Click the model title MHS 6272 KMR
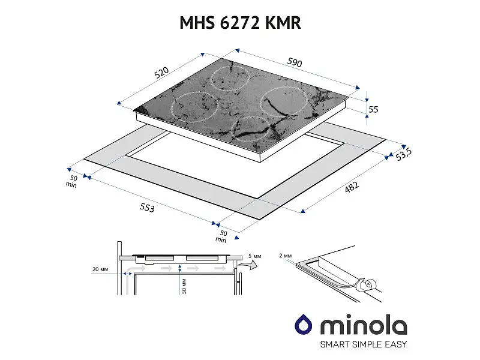coord(241,23)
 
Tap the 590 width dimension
coord(295,62)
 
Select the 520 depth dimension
coord(161,73)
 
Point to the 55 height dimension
coord(373,109)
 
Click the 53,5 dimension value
coord(403,155)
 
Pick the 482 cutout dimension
coord(352,187)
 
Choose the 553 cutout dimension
coord(147,208)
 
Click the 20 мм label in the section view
coord(100,269)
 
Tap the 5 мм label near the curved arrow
coord(254,256)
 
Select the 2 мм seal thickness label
coord(286,256)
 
